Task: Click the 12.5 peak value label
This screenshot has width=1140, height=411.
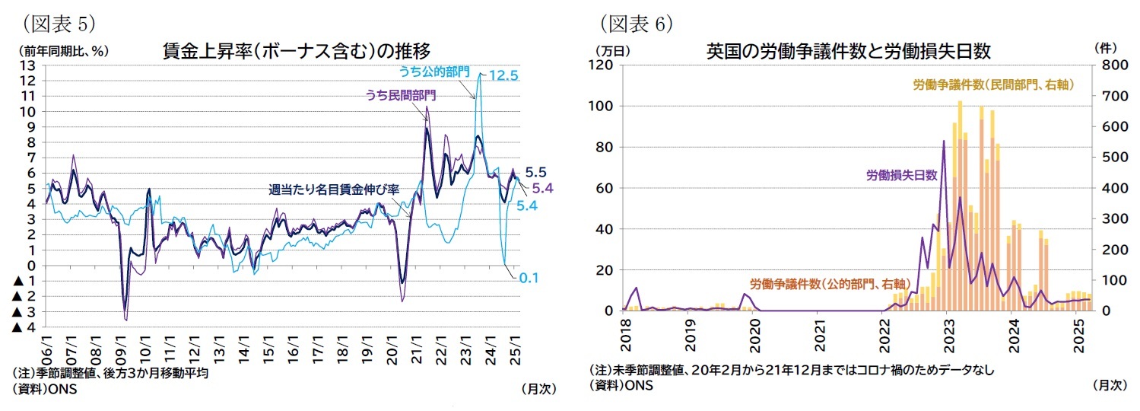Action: pyautogui.click(x=503, y=75)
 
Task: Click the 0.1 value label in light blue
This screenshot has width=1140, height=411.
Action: pyautogui.click(x=529, y=279)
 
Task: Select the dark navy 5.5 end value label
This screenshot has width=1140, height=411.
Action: pyautogui.click(x=535, y=172)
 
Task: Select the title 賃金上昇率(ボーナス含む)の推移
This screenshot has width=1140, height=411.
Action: pyautogui.click(x=297, y=51)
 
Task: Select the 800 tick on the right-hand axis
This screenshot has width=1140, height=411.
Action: pyautogui.click(x=1106, y=65)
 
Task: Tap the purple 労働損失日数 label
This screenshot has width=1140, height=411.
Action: pyautogui.click(x=901, y=174)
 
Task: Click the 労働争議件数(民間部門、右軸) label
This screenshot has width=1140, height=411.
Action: pyautogui.click(x=992, y=85)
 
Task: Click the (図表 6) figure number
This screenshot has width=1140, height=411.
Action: pyautogui.click(x=637, y=24)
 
